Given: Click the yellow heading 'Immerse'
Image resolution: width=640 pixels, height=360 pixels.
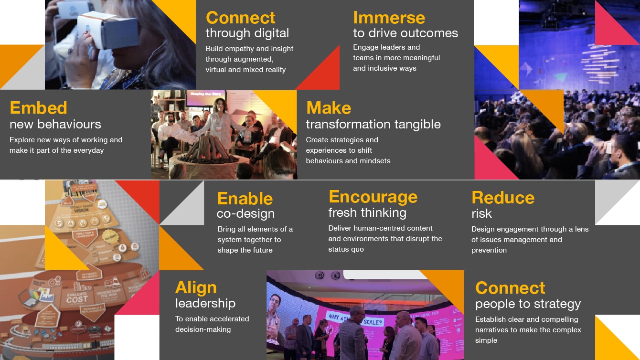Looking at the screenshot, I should pos(389,18).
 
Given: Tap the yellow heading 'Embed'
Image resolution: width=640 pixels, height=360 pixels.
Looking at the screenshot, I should pos(38,108).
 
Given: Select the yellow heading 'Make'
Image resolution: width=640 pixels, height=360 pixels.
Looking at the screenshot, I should pos(329,108).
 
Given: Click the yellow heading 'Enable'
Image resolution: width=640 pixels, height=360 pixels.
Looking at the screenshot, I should pos(245,199).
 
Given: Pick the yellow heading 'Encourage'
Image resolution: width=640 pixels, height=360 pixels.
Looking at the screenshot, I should pos(373,197).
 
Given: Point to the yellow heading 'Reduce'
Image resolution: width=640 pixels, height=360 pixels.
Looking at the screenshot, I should pos(503,198).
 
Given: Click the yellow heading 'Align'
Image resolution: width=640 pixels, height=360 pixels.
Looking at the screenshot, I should pos(196,287).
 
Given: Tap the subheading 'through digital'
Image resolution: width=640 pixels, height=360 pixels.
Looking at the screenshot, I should pos(247,33).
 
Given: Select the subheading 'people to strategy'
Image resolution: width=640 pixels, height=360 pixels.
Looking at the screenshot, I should pos(528,304).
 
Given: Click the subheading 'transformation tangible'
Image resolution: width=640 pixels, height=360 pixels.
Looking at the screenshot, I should pos(373,125).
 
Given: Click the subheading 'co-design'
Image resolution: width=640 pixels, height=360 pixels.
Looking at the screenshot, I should pos(245,214).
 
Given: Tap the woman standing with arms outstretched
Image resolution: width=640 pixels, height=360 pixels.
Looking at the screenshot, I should pos(217,122).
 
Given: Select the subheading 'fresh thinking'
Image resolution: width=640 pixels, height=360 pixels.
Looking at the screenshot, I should pos(367,212).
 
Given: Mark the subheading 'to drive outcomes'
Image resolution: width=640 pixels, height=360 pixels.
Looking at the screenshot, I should pos(405,33).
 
